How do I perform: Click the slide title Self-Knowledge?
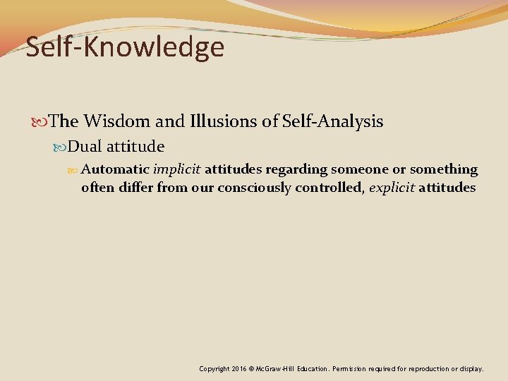pyautogui.click(x=125, y=47)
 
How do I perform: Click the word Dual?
pyautogui.click(x=85, y=147)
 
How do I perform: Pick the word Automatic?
pyautogui.click(x=115, y=169)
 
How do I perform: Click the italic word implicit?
pyautogui.click(x=177, y=169)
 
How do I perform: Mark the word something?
pyautogui.click(x=444, y=170)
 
